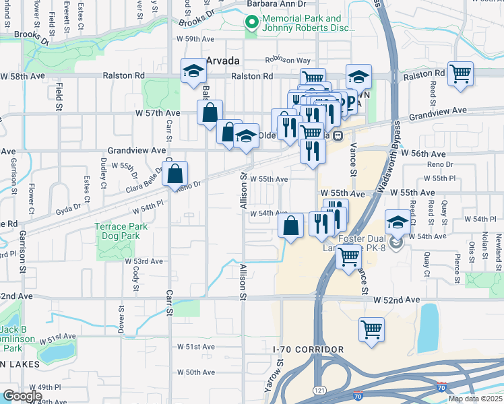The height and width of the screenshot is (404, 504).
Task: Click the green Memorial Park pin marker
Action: pos(252,24)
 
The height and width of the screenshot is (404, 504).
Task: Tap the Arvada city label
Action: pos(223,60)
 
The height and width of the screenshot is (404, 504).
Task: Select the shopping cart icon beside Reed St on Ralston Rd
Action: pos(460,73)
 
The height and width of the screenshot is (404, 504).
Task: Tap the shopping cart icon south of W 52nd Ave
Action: pos(371,330)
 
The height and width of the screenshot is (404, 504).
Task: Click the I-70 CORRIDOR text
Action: pos(308,349)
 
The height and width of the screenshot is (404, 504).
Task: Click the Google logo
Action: pos(22,396)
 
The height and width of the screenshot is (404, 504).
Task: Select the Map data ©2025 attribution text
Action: pos(475,399)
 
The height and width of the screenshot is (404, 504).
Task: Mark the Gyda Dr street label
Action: pos(69,209)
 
